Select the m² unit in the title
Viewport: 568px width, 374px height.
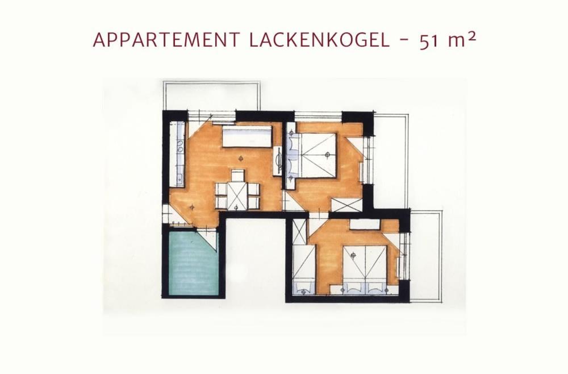click(x=461, y=41)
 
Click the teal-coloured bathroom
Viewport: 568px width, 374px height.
click(x=194, y=261)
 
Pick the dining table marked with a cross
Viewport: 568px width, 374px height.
click(x=237, y=195)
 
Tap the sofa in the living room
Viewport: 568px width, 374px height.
click(x=247, y=136)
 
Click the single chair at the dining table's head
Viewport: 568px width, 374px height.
click(x=237, y=175)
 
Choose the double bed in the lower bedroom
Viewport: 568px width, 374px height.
click(x=362, y=267)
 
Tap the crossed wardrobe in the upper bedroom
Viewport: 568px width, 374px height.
click(x=346, y=205)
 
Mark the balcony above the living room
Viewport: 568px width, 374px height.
click(x=211, y=95)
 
